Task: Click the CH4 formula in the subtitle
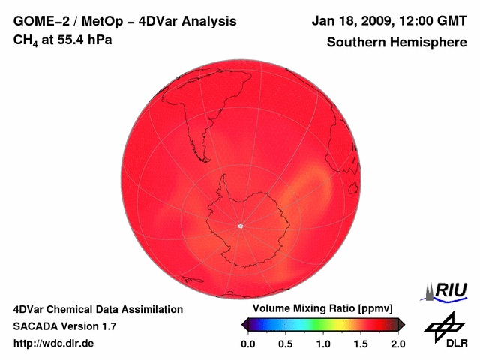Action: pyautogui.click(x=24, y=40)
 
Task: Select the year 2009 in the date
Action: pyautogui.click(x=369, y=21)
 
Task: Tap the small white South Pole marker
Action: pyautogui.click(x=240, y=226)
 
